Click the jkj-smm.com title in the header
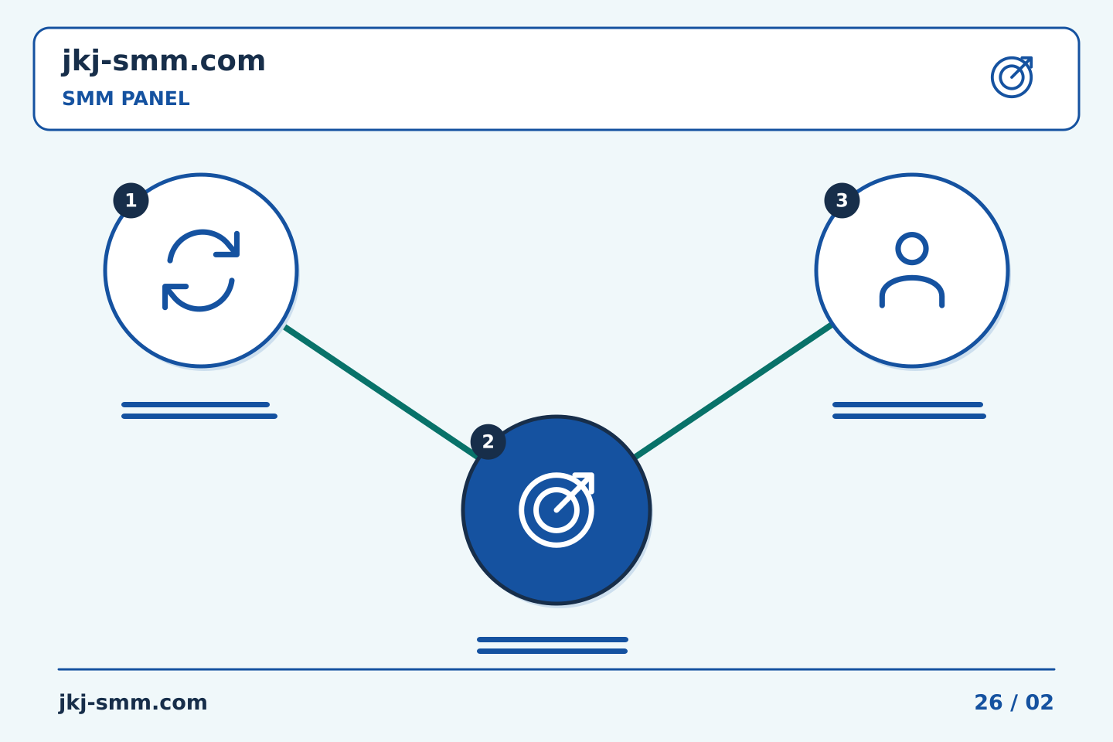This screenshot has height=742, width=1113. [x=164, y=62]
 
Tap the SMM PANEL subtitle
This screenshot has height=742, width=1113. [x=126, y=99]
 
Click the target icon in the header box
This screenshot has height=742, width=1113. [x=1012, y=77]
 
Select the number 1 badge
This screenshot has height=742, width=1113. [x=131, y=201]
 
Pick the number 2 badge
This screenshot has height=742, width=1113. [x=488, y=442]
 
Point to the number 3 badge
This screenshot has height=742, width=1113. [x=842, y=201]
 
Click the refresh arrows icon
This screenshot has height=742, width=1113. [x=201, y=271]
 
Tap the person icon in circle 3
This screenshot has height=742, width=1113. [x=912, y=271]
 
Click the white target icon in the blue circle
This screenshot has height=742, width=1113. [x=556, y=510]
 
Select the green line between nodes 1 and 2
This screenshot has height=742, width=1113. [x=380, y=392]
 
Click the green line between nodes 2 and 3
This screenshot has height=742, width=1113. [x=733, y=390]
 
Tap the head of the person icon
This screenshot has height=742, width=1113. [x=912, y=249]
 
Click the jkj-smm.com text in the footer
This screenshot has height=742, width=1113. [x=133, y=703]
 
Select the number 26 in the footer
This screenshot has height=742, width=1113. [x=989, y=703]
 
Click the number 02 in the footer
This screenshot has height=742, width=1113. [x=1040, y=703]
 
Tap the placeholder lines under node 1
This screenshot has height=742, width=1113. [x=199, y=410]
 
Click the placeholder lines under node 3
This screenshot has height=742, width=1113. [x=909, y=410]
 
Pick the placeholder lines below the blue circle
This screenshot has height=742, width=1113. [x=553, y=645]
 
